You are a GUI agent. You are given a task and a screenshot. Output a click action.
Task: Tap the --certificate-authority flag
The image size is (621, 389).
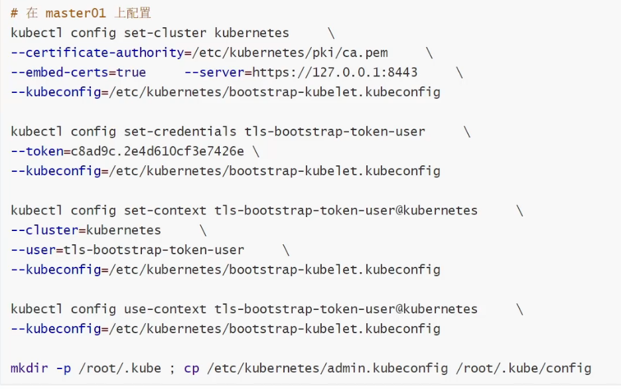point(97,52)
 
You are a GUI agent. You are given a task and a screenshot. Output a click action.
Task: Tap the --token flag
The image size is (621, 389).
point(37,151)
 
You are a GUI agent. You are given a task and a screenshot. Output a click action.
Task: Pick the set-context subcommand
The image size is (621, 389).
point(165,210)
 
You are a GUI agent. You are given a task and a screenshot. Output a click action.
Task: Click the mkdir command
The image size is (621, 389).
point(29,368)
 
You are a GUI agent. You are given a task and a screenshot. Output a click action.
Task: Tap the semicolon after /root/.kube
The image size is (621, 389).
point(172,368)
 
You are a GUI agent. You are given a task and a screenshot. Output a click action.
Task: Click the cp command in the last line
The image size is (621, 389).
point(191,368)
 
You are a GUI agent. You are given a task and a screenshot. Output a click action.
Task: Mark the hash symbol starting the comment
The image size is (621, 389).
point(15,13)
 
